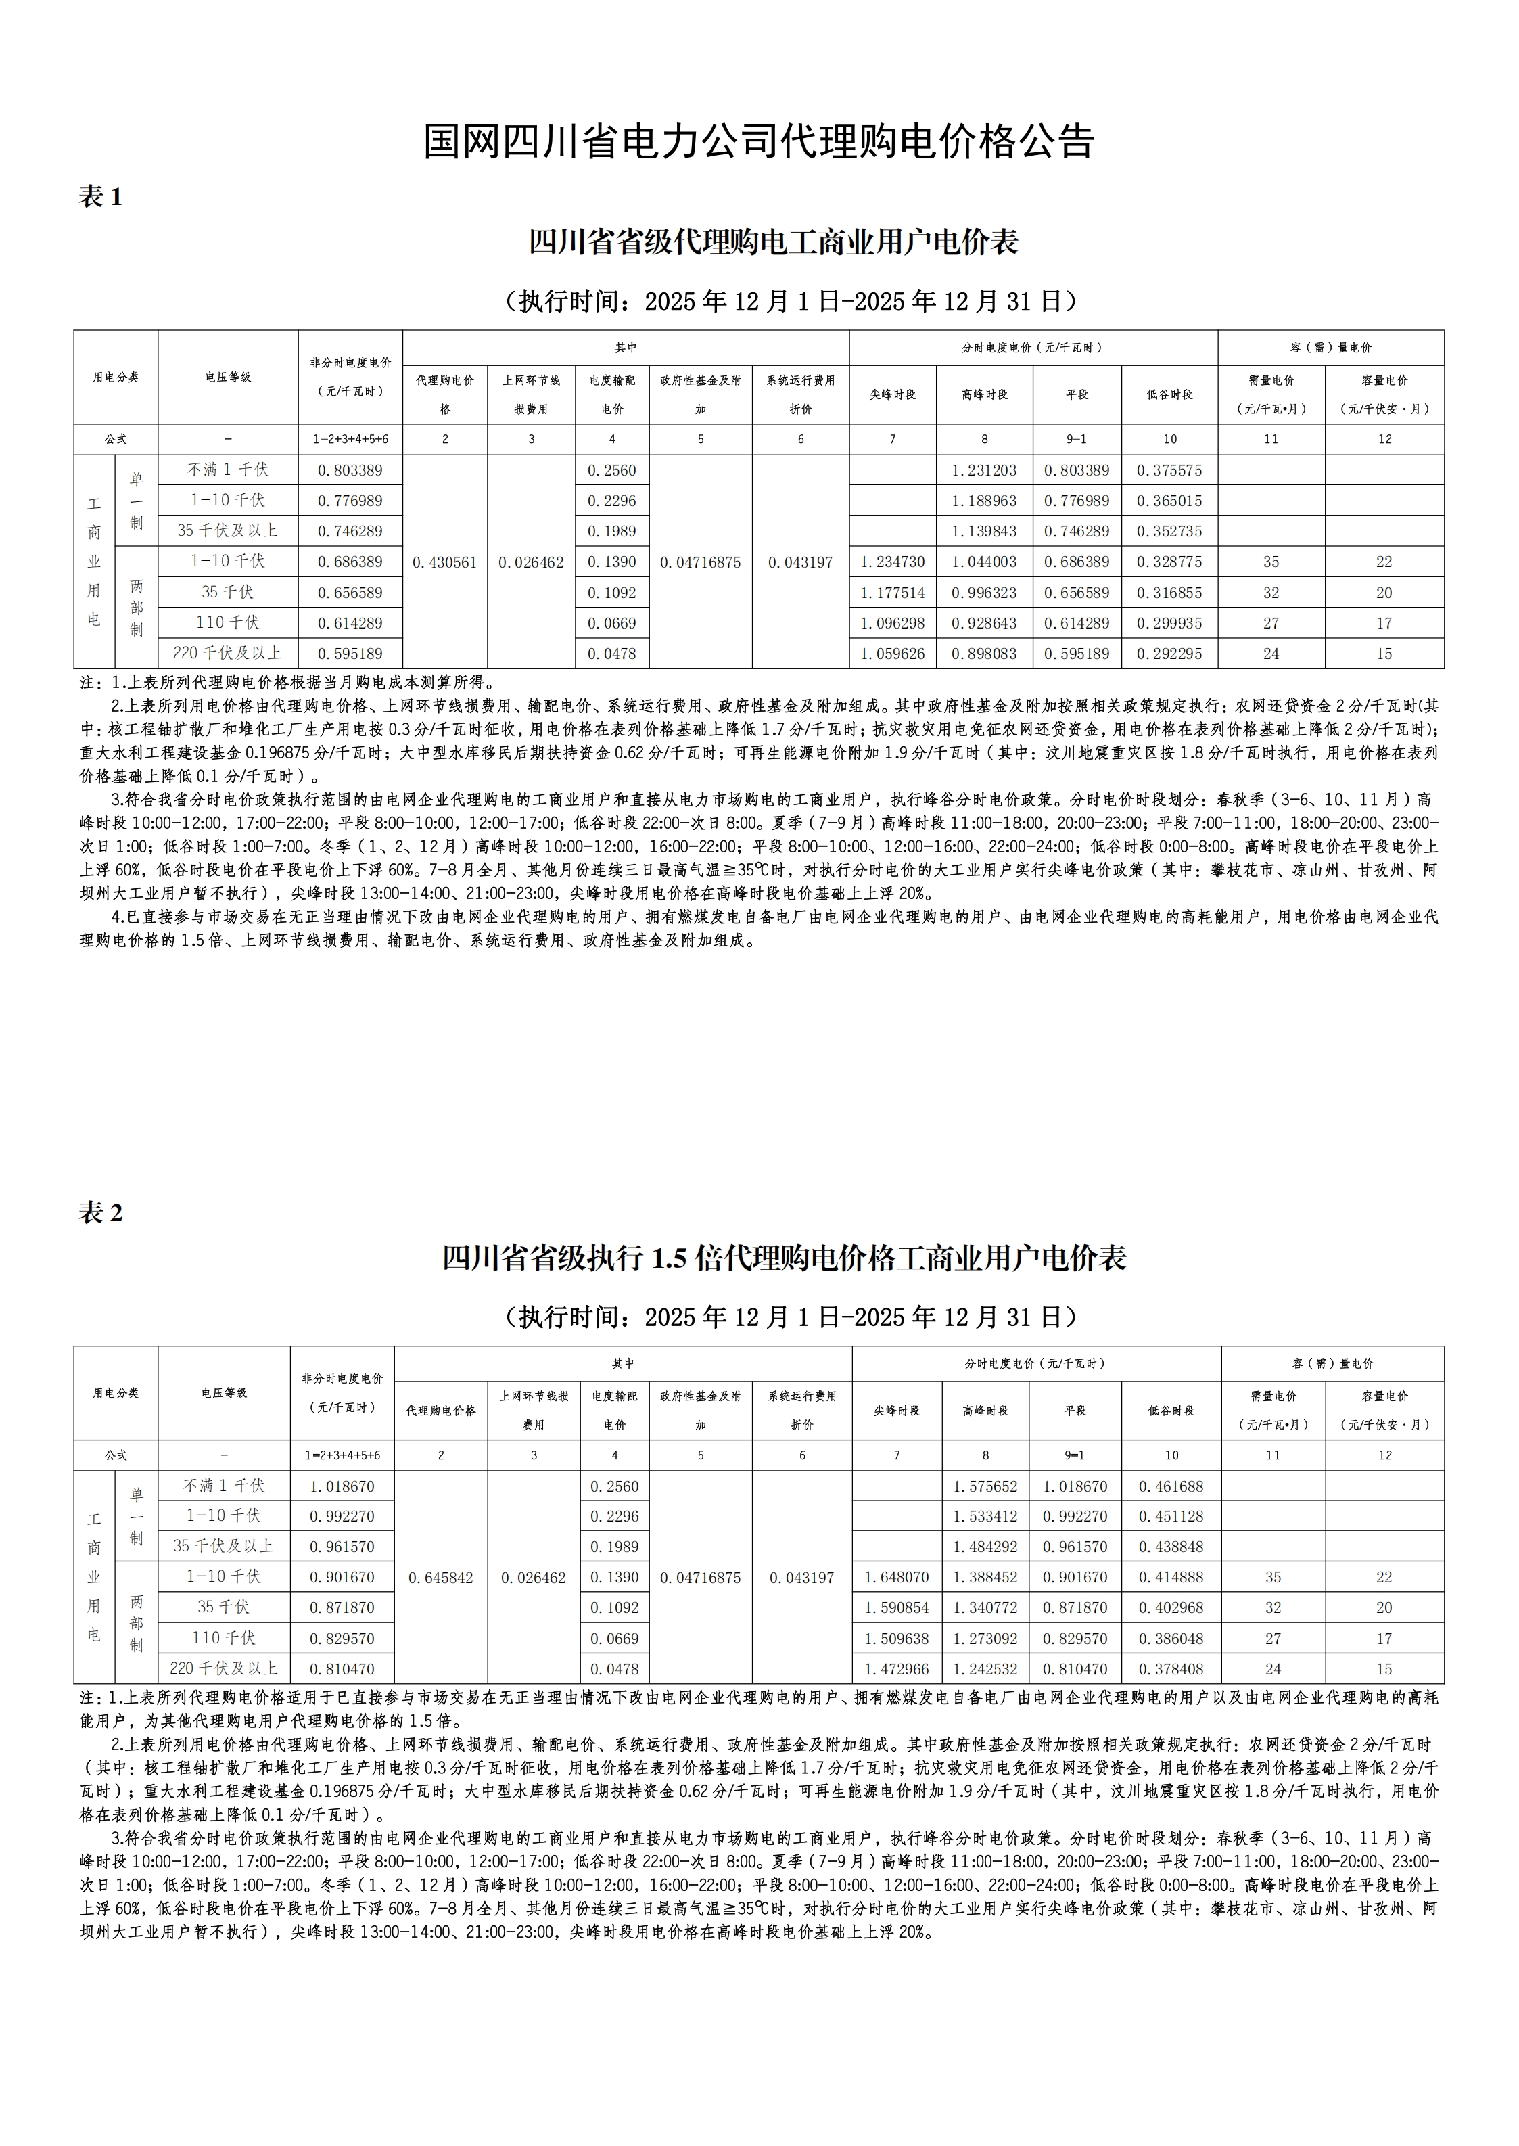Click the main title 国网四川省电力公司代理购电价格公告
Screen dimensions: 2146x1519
(759, 142)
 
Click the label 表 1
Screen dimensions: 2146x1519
(101, 198)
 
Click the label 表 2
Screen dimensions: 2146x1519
(101, 1213)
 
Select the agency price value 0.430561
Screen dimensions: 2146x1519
(444, 562)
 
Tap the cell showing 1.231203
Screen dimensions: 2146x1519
(984, 471)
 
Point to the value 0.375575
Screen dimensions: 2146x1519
(1169, 471)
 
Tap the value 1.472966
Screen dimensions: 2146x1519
(896, 1670)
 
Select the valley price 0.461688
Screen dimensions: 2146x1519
(1171, 1486)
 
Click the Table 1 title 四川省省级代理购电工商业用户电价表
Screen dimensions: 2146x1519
(774, 242)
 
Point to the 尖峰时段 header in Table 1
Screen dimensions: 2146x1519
(892, 395)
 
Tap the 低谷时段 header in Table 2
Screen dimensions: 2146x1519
(1171, 1411)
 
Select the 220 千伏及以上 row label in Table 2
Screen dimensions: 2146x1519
(224, 1669)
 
